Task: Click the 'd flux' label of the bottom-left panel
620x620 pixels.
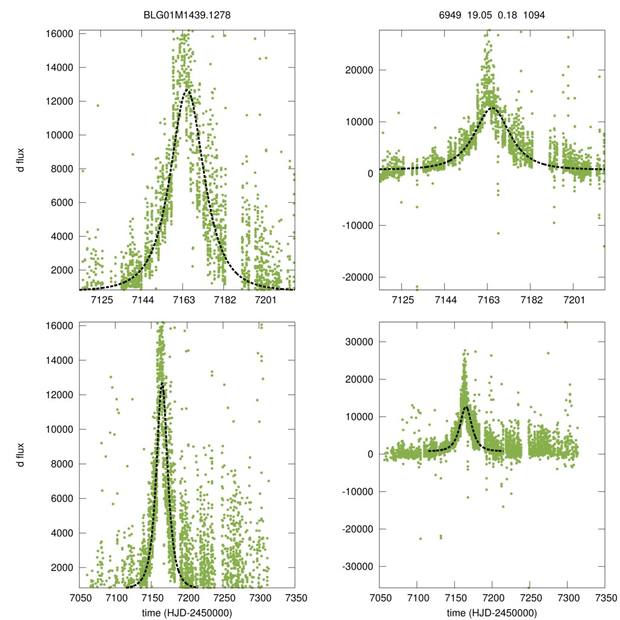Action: click(x=21, y=455)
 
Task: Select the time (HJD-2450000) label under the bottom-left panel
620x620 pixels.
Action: click(x=187, y=613)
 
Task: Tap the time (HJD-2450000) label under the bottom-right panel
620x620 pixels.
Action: click(x=492, y=613)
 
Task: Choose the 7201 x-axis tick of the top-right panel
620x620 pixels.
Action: click(x=573, y=300)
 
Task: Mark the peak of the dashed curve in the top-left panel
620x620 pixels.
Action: click(x=187, y=90)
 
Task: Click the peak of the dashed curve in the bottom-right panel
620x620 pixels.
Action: click(x=465, y=406)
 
